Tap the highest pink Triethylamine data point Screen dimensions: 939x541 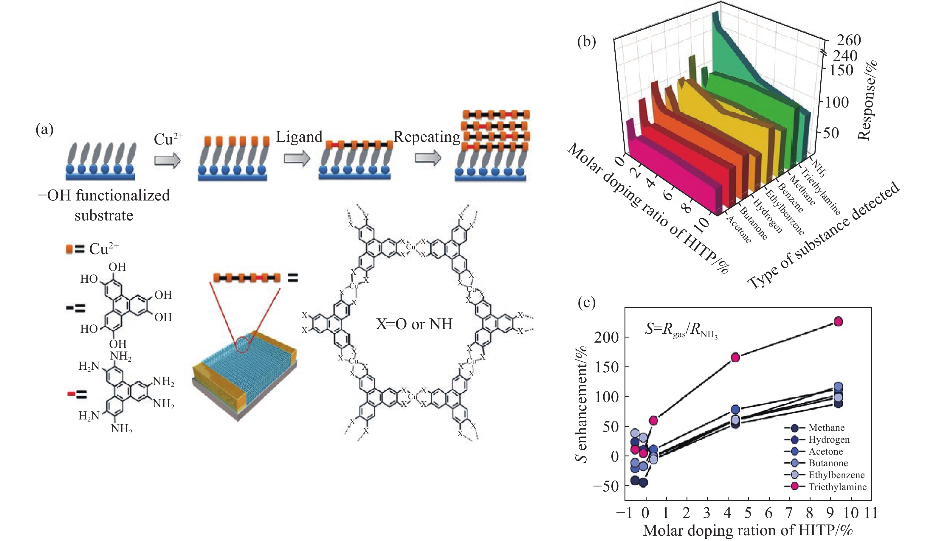click(838, 322)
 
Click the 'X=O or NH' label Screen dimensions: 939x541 click(414, 324)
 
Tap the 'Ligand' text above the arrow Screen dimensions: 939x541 click(299, 137)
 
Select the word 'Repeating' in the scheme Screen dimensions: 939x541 click(427, 137)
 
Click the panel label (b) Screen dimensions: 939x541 click(587, 42)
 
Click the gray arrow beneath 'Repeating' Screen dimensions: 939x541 click(428, 158)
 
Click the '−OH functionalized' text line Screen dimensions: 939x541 click(104, 195)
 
